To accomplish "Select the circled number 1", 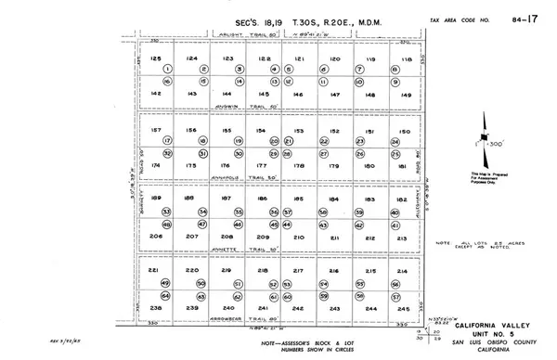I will pos(168,70).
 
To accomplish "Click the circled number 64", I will pos(167,296).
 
